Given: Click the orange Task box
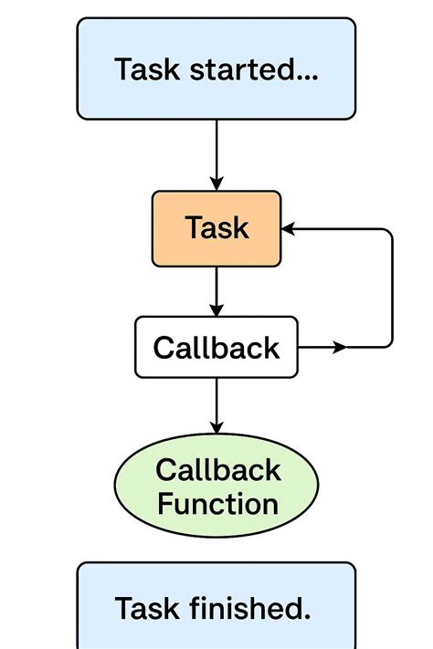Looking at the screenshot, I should pos(216,228).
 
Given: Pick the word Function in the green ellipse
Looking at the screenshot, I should pos(217,504).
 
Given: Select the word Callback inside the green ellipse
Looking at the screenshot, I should pos(217,471).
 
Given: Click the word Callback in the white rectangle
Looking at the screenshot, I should pos(216,348).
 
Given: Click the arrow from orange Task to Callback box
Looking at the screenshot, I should pos(216,291).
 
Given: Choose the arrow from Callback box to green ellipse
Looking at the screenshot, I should pos(216,404).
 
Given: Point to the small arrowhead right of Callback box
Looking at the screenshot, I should pos(341,348).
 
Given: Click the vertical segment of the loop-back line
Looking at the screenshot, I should pos(392,288).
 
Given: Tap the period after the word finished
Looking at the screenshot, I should pos(307,617).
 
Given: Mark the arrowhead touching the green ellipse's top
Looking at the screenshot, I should pos(216,426).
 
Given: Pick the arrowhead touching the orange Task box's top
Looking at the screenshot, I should pos(216,183).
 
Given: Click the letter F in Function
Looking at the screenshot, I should pos(164,504).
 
